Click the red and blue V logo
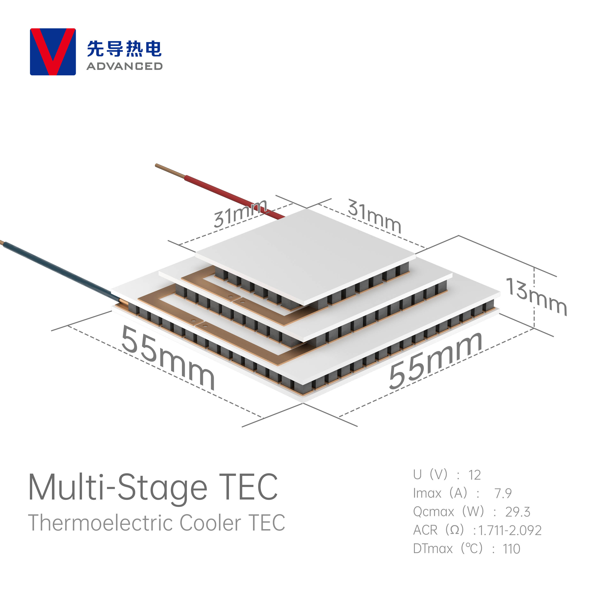point(53,52)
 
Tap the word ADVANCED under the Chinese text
point(124,66)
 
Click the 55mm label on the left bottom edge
point(167,357)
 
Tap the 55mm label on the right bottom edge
point(436,361)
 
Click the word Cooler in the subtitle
point(210,523)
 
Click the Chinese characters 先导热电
point(124,49)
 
